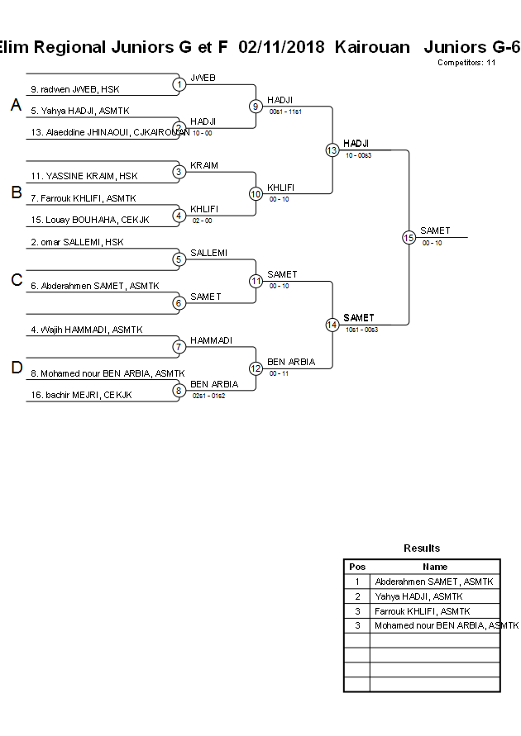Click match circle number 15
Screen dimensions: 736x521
pos(409,237)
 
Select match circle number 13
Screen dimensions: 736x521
pos(332,150)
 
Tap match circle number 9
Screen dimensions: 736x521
pos(256,106)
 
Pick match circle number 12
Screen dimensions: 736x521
pos(256,368)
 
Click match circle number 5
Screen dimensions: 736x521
pos(179,259)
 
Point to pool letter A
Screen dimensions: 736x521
pos(16,105)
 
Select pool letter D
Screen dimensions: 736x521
pos(16,368)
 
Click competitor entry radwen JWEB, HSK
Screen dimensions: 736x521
pos(74,88)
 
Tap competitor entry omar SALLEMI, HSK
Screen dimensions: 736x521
pos(77,242)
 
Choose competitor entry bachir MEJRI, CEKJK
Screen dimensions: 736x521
pos(81,395)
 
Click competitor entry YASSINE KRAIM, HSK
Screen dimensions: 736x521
pos(84,176)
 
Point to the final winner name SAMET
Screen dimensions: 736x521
pos(435,230)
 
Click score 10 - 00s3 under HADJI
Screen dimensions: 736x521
pos(359,154)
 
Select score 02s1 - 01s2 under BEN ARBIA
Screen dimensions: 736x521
pos(208,396)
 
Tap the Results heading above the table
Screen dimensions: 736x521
pos(422,548)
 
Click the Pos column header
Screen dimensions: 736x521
pos(357,567)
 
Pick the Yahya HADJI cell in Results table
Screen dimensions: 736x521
pos(418,596)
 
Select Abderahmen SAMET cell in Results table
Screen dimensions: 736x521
pos(433,582)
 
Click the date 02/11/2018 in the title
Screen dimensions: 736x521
pos(281,47)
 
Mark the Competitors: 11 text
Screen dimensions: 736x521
pos(466,63)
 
